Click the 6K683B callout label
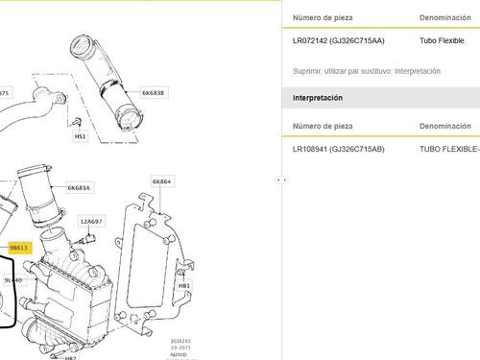(x=154, y=93)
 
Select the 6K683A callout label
(x=79, y=188)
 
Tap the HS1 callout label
(x=81, y=136)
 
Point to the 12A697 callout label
(x=92, y=221)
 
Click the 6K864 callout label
(x=161, y=180)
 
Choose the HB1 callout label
(x=184, y=286)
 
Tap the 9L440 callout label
(x=13, y=279)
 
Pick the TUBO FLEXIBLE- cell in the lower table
(x=448, y=150)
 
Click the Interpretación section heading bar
(x=317, y=98)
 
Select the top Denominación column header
(x=444, y=18)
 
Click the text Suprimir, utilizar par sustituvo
(x=366, y=71)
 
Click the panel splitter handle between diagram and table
(x=279, y=180)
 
